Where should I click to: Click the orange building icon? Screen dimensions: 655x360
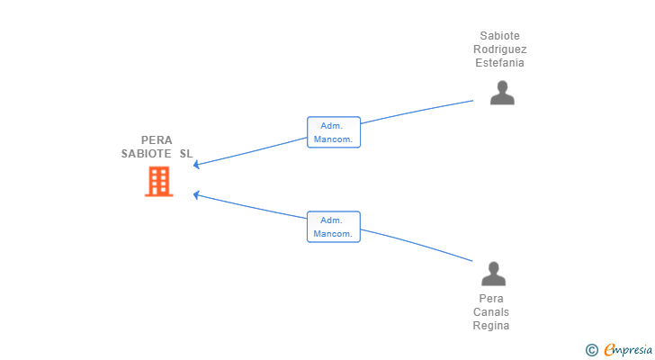[x=158, y=181]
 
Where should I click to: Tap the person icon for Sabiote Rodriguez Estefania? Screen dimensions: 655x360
[x=502, y=93]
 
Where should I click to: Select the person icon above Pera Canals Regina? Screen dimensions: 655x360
[x=493, y=274]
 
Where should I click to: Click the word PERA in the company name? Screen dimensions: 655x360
[x=157, y=139]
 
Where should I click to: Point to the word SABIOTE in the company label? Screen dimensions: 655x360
[x=146, y=154]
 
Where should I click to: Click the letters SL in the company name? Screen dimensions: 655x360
[x=186, y=154]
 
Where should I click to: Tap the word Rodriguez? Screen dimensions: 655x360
[x=499, y=49]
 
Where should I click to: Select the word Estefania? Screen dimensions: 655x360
[x=499, y=63]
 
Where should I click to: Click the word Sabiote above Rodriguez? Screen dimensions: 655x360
[x=499, y=35]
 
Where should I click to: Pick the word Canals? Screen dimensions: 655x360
[x=491, y=312]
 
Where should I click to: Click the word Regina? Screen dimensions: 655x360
[x=491, y=326]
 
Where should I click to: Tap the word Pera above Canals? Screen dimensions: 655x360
[x=491, y=299]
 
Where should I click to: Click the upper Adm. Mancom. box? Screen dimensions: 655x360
[x=333, y=132]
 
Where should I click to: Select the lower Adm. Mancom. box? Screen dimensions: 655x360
[x=333, y=227]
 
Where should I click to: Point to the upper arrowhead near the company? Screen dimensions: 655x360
[x=195, y=165]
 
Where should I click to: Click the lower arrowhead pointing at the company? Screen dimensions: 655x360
[x=195, y=194]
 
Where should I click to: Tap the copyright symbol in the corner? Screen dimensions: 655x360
[x=591, y=350]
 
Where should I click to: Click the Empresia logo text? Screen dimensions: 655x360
[x=628, y=350]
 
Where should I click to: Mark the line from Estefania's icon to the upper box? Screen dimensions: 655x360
[x=417, y=111]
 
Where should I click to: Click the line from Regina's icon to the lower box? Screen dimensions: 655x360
[x=417, y=244]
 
